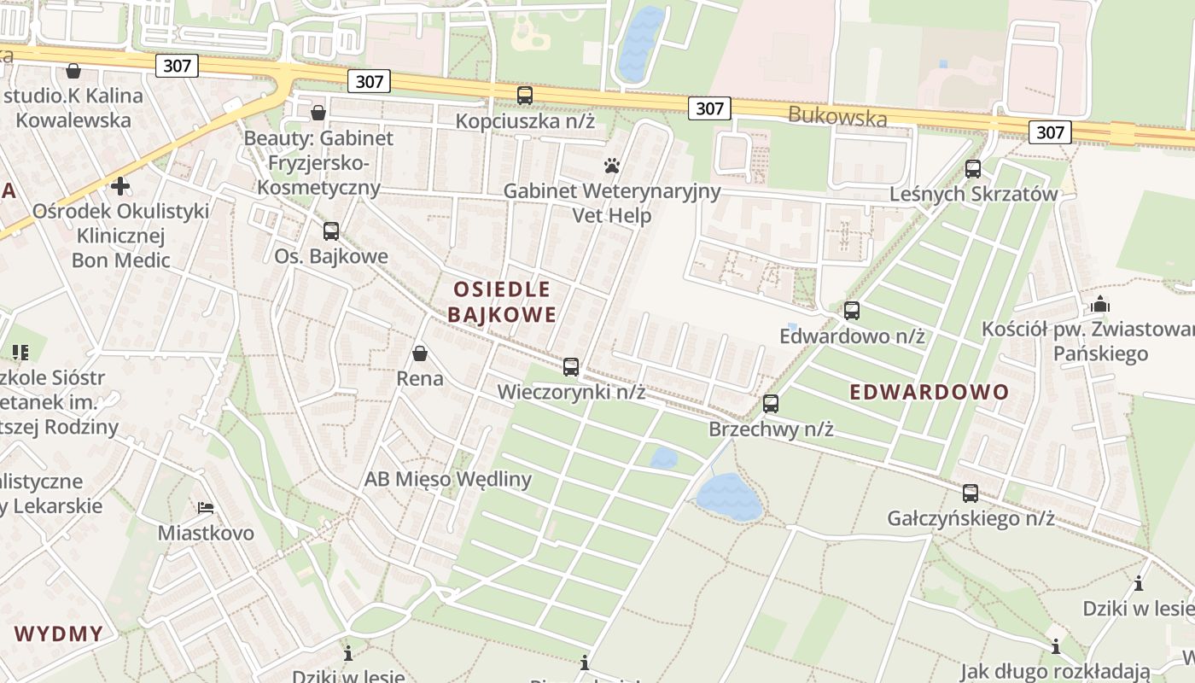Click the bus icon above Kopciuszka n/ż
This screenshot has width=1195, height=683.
[x=525, y=96]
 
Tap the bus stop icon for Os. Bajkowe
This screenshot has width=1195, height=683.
[x=331, y=231]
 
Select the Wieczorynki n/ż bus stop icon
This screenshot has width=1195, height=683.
[x=571, y=367]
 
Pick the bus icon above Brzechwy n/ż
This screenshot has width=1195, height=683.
[x=771, y=404]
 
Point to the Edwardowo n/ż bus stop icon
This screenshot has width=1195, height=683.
[x=852, y=311]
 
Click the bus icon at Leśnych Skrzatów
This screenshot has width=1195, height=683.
[x=973, y=169]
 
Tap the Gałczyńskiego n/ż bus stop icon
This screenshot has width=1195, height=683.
[x=971, y=493]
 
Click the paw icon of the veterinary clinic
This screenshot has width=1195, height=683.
[x=611, y=166]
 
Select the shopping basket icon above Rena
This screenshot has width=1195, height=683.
[x=420, y=353]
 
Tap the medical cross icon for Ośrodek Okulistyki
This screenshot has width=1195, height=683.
[x=120, y=185]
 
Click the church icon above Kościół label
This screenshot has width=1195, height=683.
[x=1100, y=304]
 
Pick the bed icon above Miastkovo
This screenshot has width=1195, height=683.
[x=205, y=508]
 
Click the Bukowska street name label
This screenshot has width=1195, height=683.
[x=837, y=117]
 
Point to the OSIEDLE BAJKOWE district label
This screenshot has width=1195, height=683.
[x=502, y=301]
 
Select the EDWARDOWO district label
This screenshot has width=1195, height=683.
[x=930, y=393]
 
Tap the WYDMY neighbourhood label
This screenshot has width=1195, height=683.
[x=59, y=634]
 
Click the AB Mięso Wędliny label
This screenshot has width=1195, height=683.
[x=448, y=479]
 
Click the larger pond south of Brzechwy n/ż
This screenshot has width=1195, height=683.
[x=729, y=497]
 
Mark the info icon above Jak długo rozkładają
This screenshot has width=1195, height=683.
[x=1056, y=646]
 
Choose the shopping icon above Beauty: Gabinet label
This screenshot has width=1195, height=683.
[x=318, y=113]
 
